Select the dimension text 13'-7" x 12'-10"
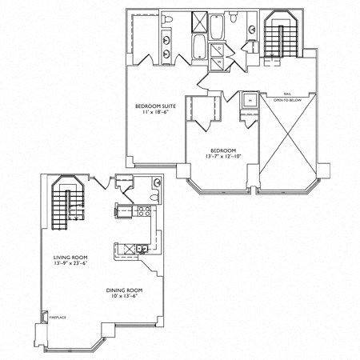click(222, 157)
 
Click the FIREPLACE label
click(57, 317)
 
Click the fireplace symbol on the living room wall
click(42, 322)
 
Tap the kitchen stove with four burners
click(146, 212)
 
